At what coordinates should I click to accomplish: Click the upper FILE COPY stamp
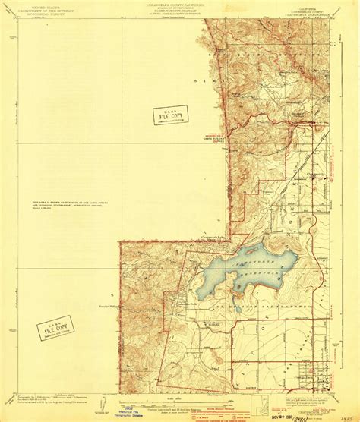tap(171, 115)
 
